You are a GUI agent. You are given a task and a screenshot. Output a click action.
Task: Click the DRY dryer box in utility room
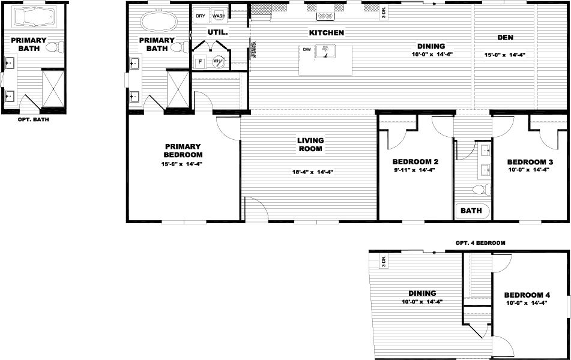pyautogui.click(x=201, y=16)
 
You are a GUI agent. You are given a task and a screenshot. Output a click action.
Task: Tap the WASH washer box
pyautogui.click(x=219, y=16)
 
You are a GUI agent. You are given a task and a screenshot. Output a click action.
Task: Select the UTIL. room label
pyautogui.click(x=217, y=32)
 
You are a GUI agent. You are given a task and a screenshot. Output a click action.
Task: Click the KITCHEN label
pyautogui.click(x=326, y=32)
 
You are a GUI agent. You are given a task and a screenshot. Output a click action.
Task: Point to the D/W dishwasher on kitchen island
pyautogui.click(x=306, y=49)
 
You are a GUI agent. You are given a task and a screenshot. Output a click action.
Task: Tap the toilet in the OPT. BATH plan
pyautogui.click(x=53, y=47)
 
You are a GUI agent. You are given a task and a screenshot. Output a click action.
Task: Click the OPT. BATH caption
pyautogui.click(x=34, y=119)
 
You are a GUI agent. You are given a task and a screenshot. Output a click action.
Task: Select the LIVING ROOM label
pyautogui.click(x=310, y=145)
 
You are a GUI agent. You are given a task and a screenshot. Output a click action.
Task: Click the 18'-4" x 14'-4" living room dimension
pyautogui.click(x=312, y=172)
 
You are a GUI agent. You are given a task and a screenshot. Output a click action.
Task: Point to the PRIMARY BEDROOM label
pyautogui.click(x=183, y=151)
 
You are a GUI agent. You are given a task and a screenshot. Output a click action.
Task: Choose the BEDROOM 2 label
pyautogui.click(x=415, y=162)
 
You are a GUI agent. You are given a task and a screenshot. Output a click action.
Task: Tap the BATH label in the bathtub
pyautogui.click(x=471, y=211)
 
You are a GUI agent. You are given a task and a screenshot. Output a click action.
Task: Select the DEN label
pyautogui.click(x=505, y=38)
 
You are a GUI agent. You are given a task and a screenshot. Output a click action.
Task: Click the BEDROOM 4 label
pyautogui.click(x=527, y=295)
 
